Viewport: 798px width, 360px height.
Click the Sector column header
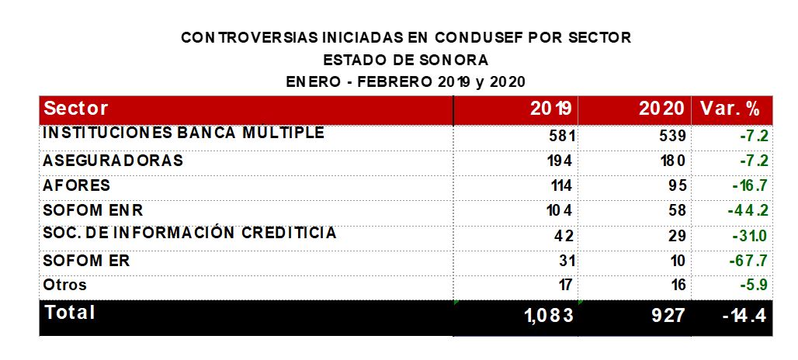click(x=76, y=109)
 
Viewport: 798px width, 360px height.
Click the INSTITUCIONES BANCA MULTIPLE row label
click(x=183, y=133)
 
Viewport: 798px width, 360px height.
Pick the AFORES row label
click(x=77, y=185)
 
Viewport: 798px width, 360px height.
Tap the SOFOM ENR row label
click(x=93, y=210)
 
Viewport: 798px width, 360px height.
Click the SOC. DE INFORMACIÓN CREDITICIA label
click(x=190, y=233)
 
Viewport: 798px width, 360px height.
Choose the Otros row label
click(x=65, y=285)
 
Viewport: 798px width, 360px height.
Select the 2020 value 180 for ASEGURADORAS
click(x=672, y=161)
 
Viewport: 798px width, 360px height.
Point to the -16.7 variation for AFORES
click(x=749, y=186)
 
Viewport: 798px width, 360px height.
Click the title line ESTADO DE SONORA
click(x=406, y=59)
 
